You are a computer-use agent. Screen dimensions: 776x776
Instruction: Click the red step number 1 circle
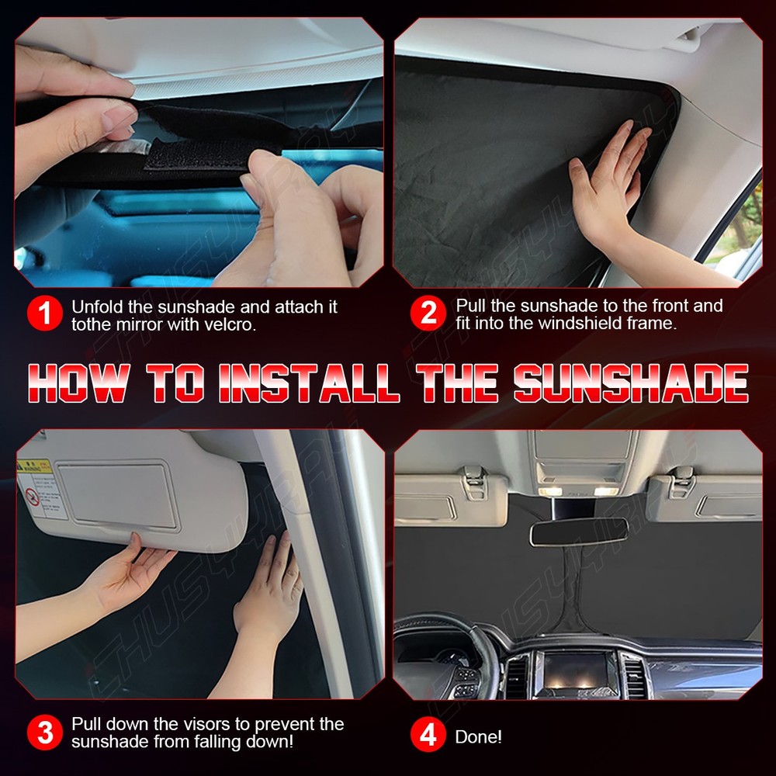coord(45,314)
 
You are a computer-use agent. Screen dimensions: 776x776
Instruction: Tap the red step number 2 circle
coord(428,314)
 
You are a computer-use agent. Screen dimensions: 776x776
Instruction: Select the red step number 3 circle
coord(45,733)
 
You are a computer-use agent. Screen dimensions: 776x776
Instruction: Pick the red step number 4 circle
coord(428,736)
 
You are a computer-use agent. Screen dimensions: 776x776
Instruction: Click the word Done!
coord(478,736)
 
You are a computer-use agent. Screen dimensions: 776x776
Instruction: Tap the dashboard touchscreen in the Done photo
coord(577,669)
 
